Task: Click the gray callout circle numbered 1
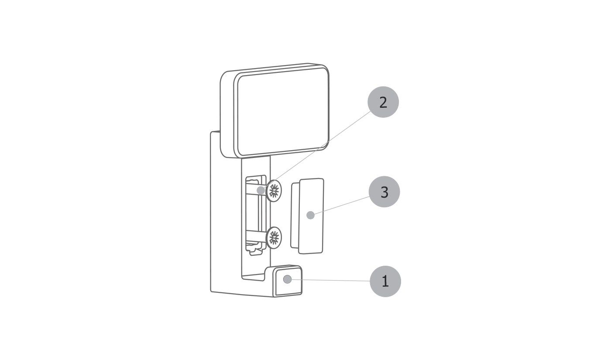[385, 281]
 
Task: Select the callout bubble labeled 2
[383, 102]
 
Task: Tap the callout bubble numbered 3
[384, 192]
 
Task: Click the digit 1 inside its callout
[385, 281]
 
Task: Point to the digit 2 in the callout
[383, 102]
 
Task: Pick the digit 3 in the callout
[384, 192]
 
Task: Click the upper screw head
[274, 191]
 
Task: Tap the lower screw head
[274, 237]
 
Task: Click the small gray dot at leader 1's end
[287, 279]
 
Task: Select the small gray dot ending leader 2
[261, 190]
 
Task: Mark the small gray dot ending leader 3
[310, 215]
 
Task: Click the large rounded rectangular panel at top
[275, 111]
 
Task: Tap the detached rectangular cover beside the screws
[307, 216]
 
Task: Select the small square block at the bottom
[288, 281]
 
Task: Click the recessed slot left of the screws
[256, 216]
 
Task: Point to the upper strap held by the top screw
[256, 191]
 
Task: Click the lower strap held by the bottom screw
[256, 237]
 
